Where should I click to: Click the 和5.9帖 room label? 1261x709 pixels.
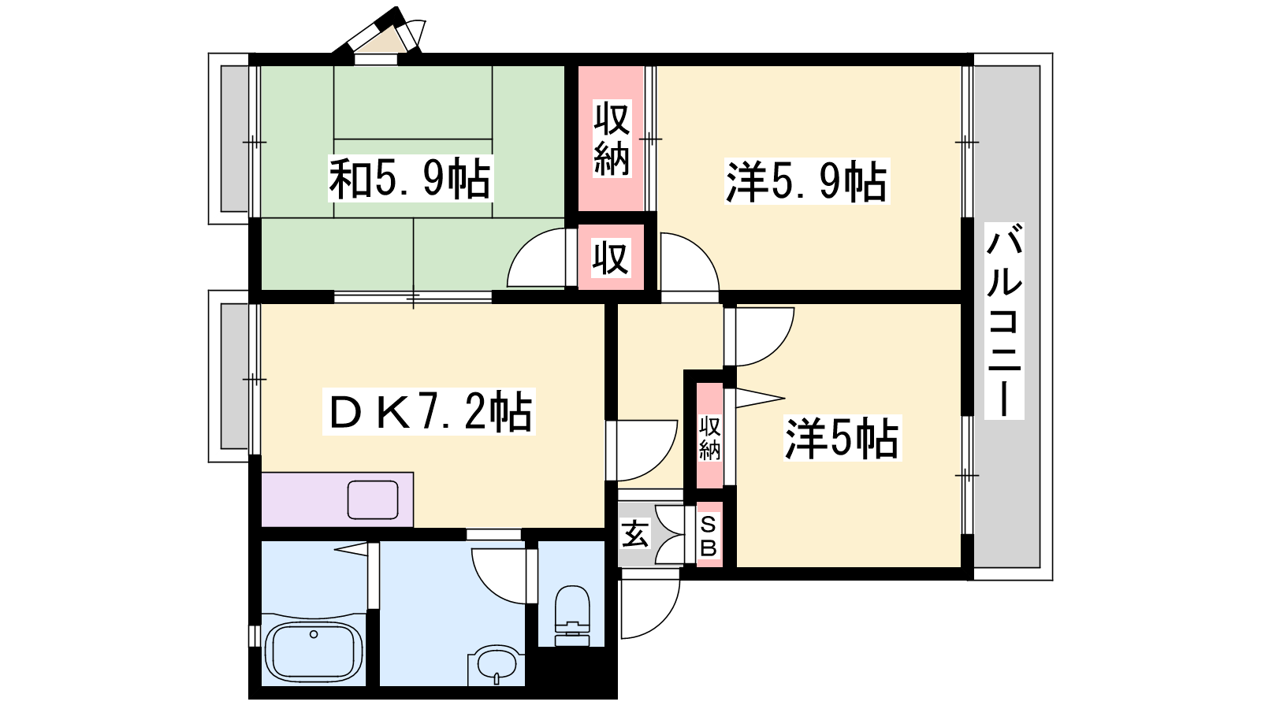click(411, 178)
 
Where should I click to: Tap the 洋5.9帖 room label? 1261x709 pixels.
click(807, 180)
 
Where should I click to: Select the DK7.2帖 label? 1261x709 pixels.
click(429, 412)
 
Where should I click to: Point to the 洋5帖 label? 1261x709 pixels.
click(843, 438)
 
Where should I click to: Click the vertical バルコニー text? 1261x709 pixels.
click(1004, 321)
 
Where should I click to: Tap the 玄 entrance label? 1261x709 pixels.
click(635, 535)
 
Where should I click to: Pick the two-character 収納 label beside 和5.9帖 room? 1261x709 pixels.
click(612, 139)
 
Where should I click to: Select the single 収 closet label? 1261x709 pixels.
click(611, 258)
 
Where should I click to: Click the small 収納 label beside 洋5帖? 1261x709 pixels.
click(710, 438)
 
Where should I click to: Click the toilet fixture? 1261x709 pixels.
click(572, 615)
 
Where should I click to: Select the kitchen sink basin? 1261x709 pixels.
click(373, 499)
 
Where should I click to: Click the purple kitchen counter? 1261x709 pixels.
click(337, 499)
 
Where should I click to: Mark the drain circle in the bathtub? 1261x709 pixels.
click(314, 634)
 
